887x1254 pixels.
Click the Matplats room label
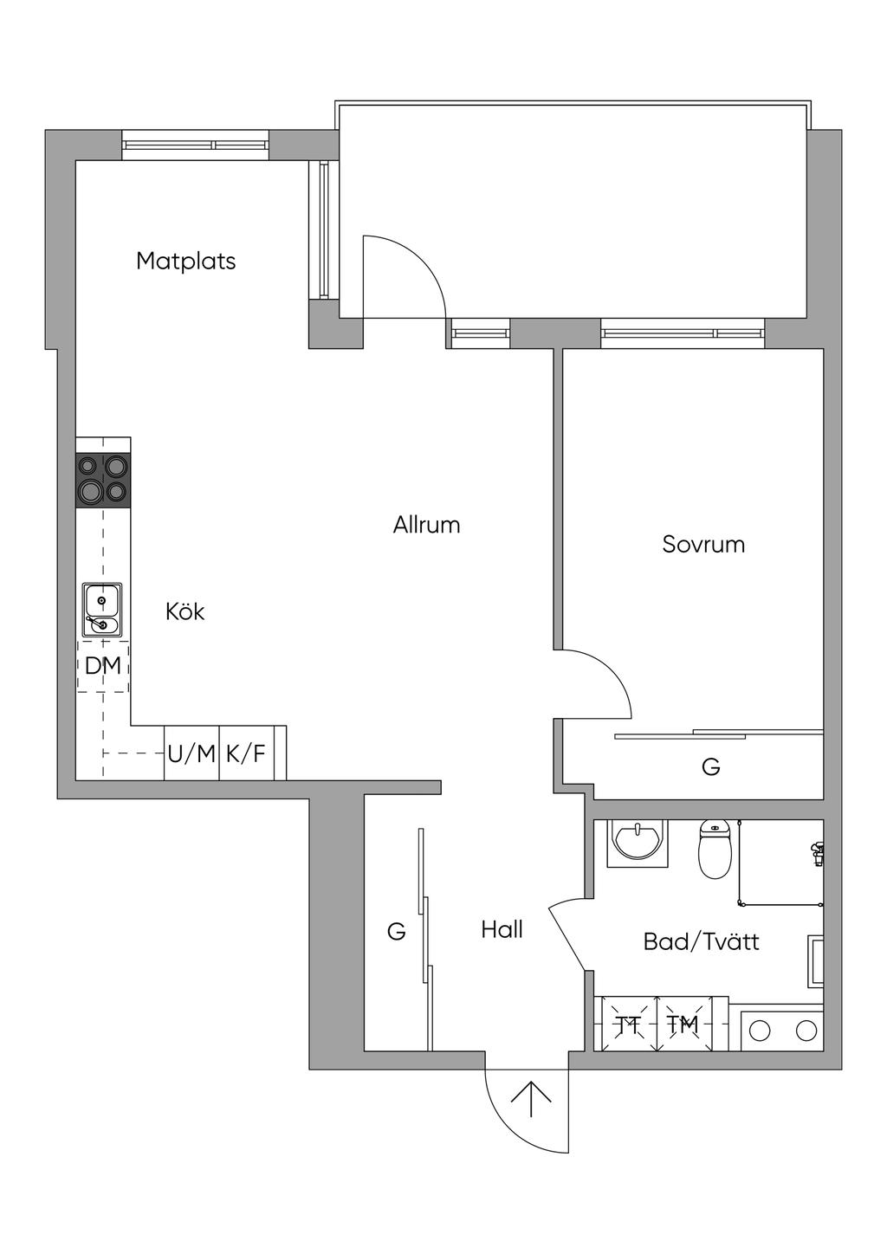click(185, 261)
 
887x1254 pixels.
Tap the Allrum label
click(426, 525)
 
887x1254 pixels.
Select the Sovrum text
click(703, 544)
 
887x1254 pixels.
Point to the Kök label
click(185, 611)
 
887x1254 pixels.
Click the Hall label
click(502, 930)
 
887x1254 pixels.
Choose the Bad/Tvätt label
click(701, 941)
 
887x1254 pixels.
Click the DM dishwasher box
click(103, 666)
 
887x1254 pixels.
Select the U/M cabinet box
click(191, 753)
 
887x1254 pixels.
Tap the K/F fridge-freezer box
click(246, 753)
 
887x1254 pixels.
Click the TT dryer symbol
click(629, 1025)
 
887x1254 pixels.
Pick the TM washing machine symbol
click(683, 1025)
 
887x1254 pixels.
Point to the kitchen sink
click(102, 610)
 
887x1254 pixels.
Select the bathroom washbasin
click(638, 841)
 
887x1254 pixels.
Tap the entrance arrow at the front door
click(531, 1097)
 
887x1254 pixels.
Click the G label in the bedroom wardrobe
click(710, 766)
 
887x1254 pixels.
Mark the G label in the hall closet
click(396, 932)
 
